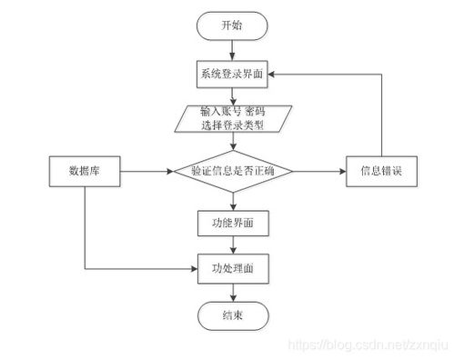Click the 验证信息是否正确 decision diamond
234,171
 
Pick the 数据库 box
84,171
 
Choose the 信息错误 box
380,171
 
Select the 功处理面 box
234,268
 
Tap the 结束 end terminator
234,315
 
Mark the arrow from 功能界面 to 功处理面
234,245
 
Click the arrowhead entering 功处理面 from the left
193,269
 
